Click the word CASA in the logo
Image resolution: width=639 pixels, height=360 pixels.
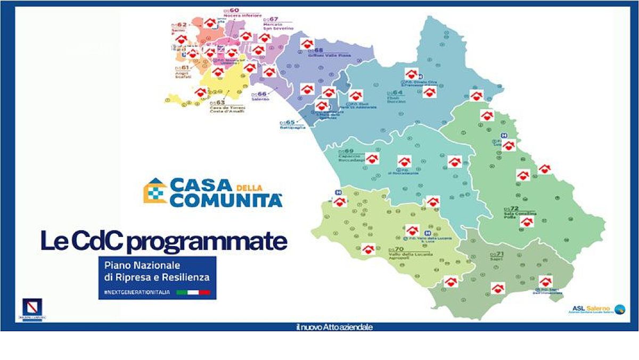click(201, 186)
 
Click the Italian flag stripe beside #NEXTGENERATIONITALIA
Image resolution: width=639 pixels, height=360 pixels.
click(193, 292)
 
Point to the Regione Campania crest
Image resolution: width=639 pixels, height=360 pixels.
click(34, 309)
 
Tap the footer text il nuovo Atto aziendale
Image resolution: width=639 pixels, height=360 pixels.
click(334, 326)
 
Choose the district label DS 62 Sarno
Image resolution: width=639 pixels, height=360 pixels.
click(179, 27)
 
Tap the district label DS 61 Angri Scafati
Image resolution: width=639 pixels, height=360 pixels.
click(182, 71)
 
